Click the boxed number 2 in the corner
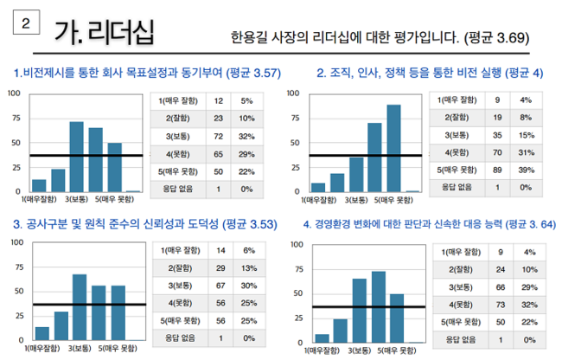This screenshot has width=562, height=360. click(25, 26)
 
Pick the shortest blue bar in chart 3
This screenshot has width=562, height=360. click(42, 333)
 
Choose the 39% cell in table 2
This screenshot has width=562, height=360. click(526, 169)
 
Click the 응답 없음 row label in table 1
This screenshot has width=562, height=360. click(176, 187)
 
